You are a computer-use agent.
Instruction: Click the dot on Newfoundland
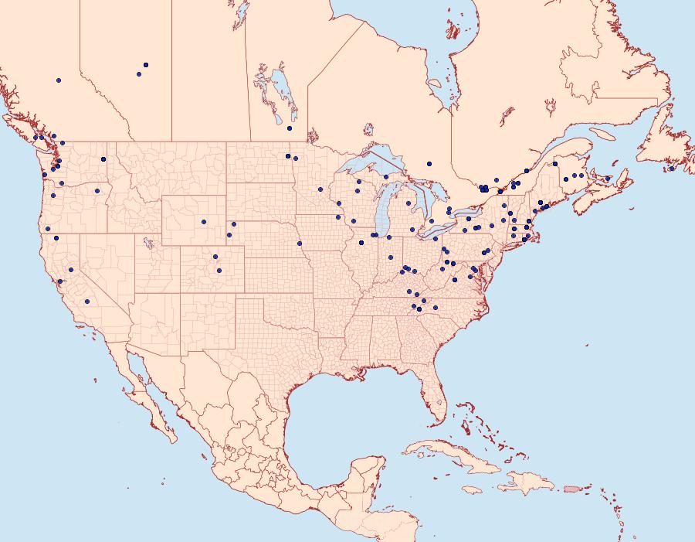tap(672, 169)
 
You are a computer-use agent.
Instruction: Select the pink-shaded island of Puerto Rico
tap(572, 488)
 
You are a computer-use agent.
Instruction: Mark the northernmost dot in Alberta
tap(146, 65)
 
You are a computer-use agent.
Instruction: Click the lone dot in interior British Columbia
tap(59, 80)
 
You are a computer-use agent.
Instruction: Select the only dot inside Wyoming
tap(204, 222)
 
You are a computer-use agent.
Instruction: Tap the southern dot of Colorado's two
tap(219, 271)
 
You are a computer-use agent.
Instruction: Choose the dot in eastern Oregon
tap(97, 191)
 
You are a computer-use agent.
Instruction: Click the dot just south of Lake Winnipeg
tap(290, 128)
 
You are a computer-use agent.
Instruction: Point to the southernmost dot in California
tap(87, 302)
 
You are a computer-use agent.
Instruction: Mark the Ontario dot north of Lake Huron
tap(429, 163)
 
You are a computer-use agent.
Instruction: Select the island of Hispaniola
tap(528, 483)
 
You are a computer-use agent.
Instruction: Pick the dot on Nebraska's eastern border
tap(300, 244)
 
